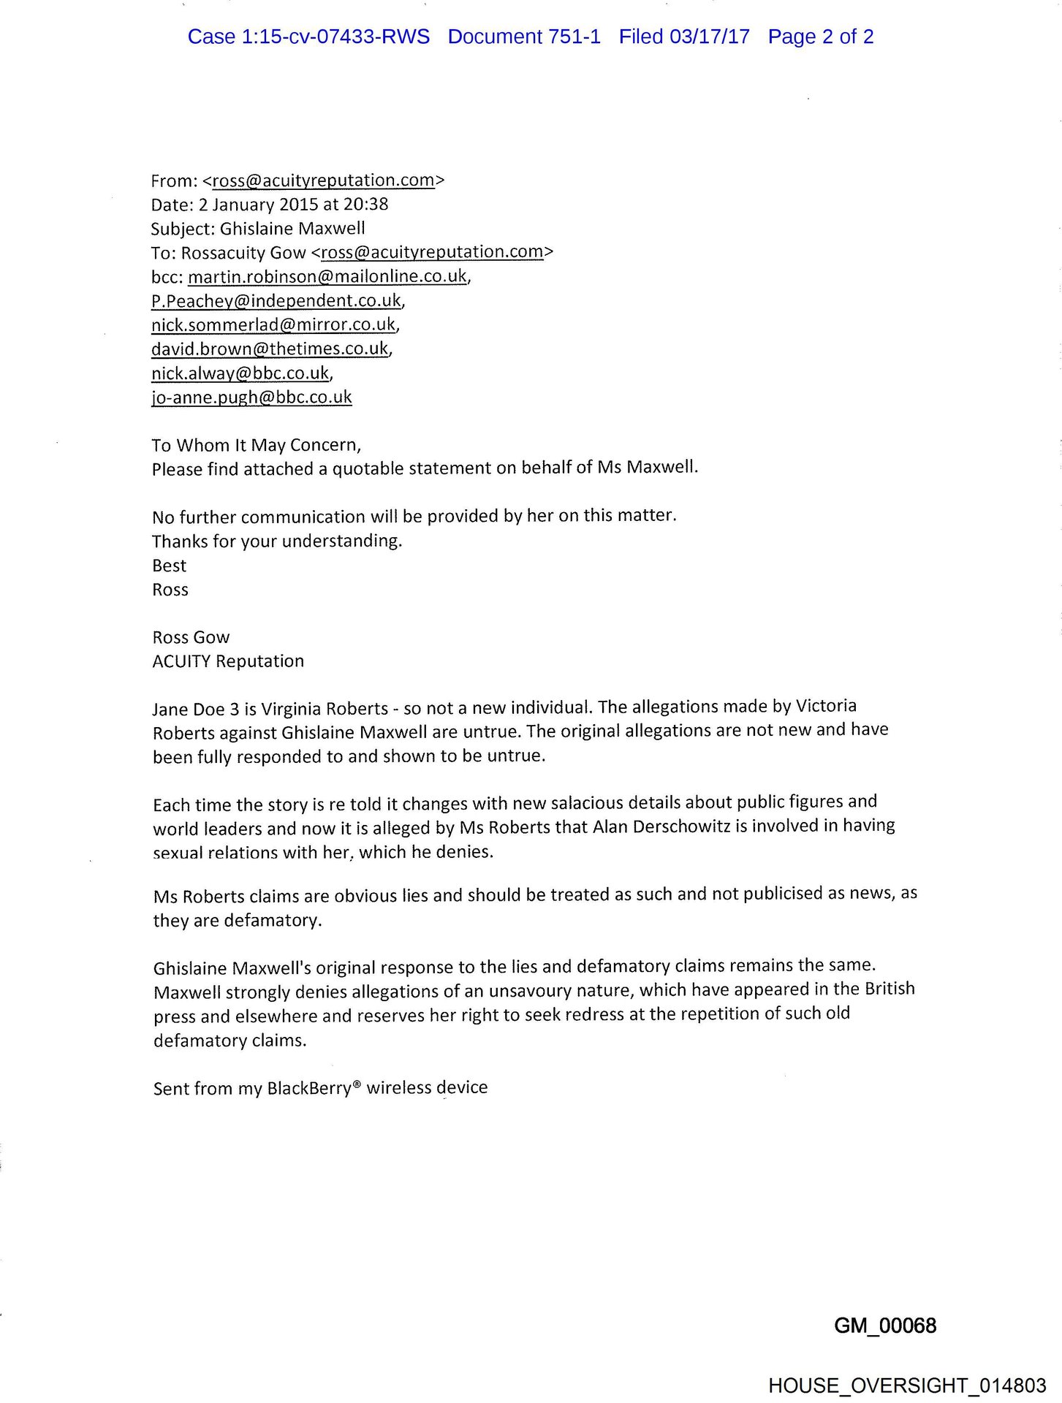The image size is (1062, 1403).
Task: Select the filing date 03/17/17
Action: click(710, 37)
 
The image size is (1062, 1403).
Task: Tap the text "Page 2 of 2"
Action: click(820, 37)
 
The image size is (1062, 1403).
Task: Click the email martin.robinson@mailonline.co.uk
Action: click(327, 276)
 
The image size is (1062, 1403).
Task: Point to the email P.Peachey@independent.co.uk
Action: click(276, 300)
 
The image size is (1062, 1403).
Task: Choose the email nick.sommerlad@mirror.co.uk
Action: click(273, 324)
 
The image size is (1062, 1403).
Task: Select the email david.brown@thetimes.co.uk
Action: click(270, 349)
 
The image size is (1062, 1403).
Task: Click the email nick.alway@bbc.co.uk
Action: click(240, 373)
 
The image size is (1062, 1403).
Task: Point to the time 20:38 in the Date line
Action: click(365, 204)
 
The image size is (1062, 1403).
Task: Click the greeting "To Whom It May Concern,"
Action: click(257, 444)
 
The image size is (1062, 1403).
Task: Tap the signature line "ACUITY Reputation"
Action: click(228, 661)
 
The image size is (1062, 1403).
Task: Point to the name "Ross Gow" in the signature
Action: click(191, 636)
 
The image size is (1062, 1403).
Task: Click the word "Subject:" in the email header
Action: click(183, 228)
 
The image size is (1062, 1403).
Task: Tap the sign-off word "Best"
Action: click(169, 565)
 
